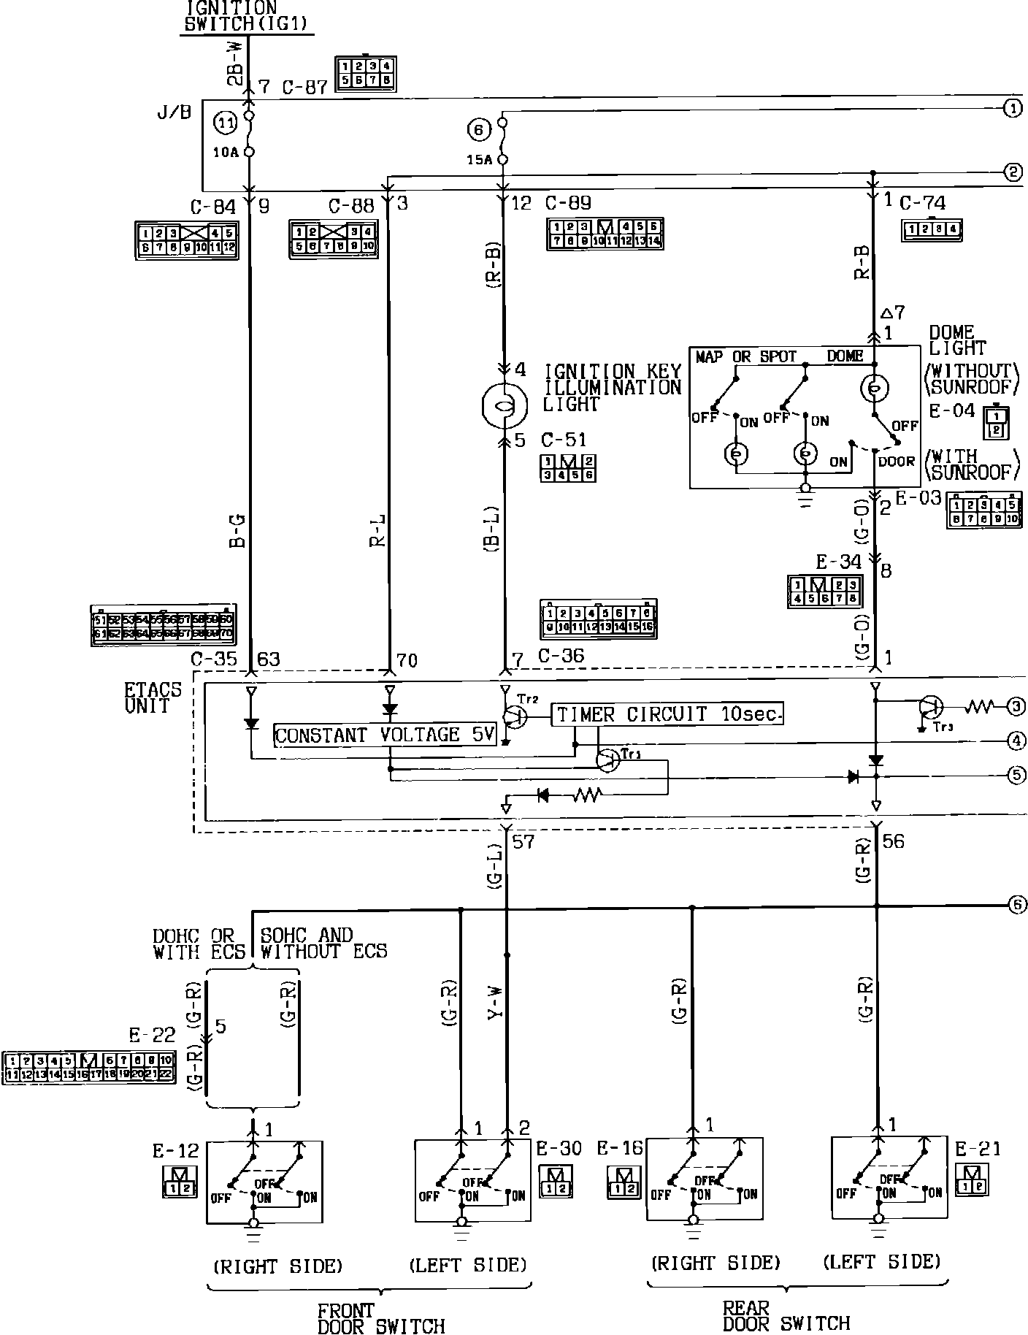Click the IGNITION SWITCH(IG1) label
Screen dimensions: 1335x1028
click(x=248, y=15)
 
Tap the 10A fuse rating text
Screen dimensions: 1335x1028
click(x=226, y=153)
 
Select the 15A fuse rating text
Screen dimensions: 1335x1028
click(x=478, y=160)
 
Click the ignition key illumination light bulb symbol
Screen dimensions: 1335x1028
click(x=505, y=404)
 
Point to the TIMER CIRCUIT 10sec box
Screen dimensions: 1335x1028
click(x=667, y=714)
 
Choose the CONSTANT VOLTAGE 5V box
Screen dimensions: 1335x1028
click(x=385, y=735)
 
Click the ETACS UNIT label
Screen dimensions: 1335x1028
click(x=147, y=697)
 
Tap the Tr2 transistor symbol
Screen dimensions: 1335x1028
click(x=514, y=717)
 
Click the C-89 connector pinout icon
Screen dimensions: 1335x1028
click(x=605, y=234)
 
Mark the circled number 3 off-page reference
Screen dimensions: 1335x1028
click(x=1016, y=706)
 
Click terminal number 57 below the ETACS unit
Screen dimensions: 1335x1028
click(x=523, y=842)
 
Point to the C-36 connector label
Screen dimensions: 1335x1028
click(x=561, y=656)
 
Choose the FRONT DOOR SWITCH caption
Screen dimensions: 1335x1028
click(x=380, y=1319)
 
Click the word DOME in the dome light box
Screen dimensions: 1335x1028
click(x=845, y=356)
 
